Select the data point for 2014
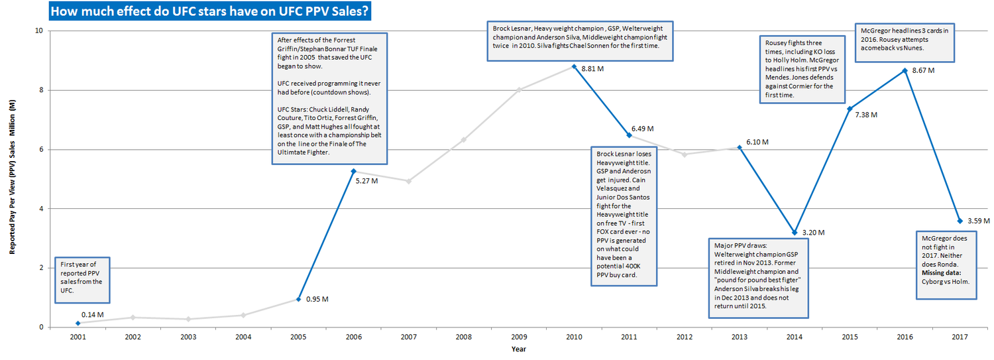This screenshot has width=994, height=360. pyautogui.click(x=794, y=232)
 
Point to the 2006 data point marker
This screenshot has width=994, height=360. pyautogui.click(x=353, y=171)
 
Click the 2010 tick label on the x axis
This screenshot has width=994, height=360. pyautogui.click(x=574, y=337)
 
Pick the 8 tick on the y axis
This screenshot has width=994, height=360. pyautogui.click(x=40, y=90)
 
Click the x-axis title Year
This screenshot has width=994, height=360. pyautogui.click(x=519, y=349)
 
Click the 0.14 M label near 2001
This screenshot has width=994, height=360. pyautogui.click(x=92, y=314)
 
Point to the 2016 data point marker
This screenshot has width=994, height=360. pyautogui.click(x=904, y=70)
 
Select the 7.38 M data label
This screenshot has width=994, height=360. pyautogui.click(x=865, y=115)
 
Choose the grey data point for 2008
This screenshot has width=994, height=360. pyautogui.click(x=463, y=140)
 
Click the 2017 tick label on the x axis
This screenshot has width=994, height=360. pyautogui.click(x=959, y=337)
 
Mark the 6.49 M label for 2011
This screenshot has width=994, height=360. pyautogui.click(x=643, y=128)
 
